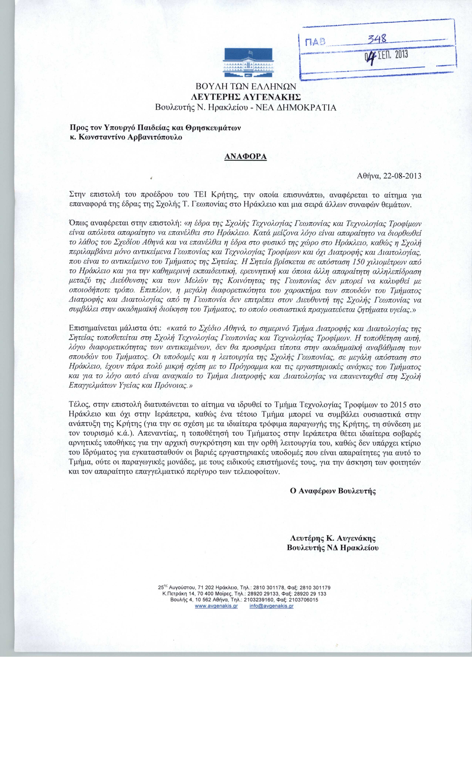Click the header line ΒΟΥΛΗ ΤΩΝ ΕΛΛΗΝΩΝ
[246, 86]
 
